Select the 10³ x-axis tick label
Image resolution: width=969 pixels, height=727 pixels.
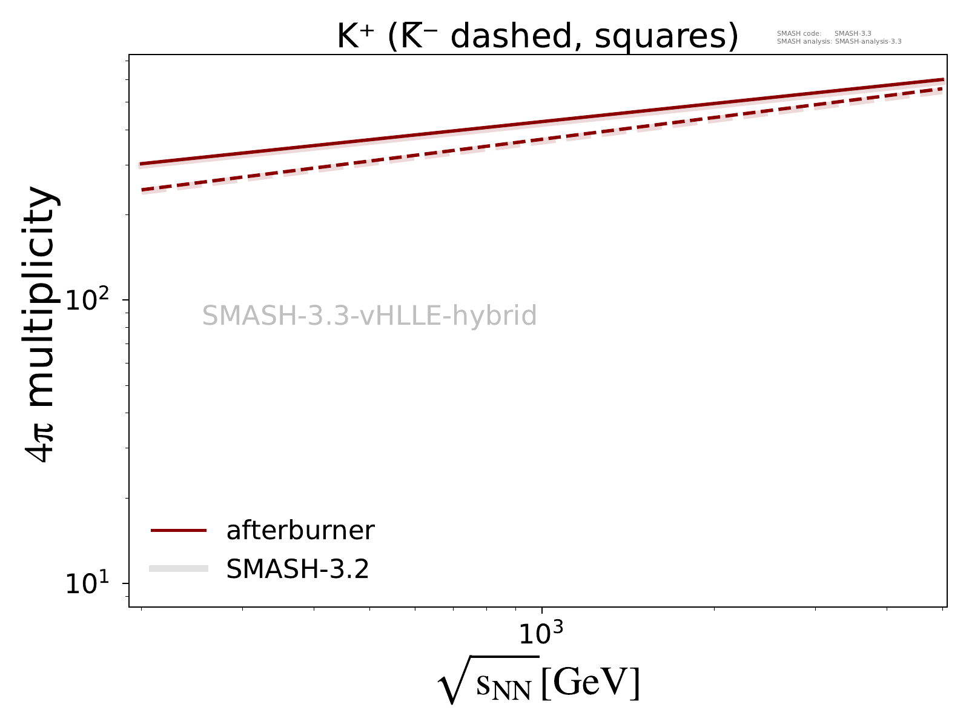tap(540, 634)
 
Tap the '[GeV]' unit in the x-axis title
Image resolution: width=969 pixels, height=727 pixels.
tap(590, 683)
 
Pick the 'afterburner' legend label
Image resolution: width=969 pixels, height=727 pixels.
tap(300, 531)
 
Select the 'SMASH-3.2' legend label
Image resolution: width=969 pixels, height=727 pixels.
tap(297, 569)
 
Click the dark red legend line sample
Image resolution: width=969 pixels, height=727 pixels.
tap(179, 531)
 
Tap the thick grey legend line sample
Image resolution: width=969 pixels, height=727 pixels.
tap(179, 568)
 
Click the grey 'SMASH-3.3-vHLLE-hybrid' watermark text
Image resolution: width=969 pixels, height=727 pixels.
tap(369, 316)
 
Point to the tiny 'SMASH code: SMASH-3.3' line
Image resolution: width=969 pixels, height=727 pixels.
tap(824, 33)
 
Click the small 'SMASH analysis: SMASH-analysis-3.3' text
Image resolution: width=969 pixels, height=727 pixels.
tap(839, 42)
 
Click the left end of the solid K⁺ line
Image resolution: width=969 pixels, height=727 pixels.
tap(141, 164)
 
